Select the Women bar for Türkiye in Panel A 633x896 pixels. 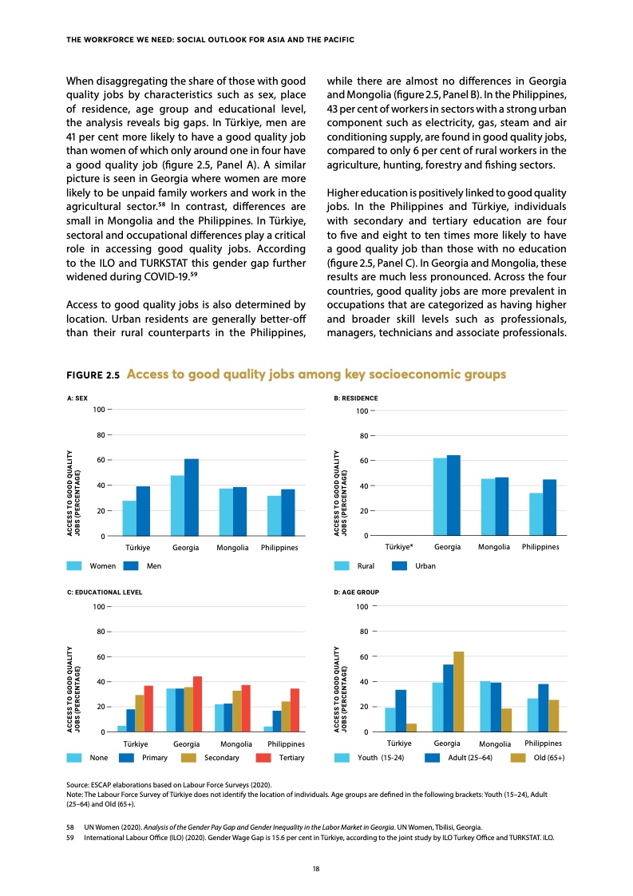(129, 518)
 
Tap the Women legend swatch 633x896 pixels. (75, 565)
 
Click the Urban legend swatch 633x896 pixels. (401, 565)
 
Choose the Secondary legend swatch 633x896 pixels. (189, 757)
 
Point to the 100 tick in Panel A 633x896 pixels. (99, 410)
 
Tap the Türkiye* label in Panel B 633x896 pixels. (399, 547)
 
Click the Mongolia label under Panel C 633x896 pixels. (235, 743)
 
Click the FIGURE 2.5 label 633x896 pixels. (93, 375)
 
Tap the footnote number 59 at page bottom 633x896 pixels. (69, 837)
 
